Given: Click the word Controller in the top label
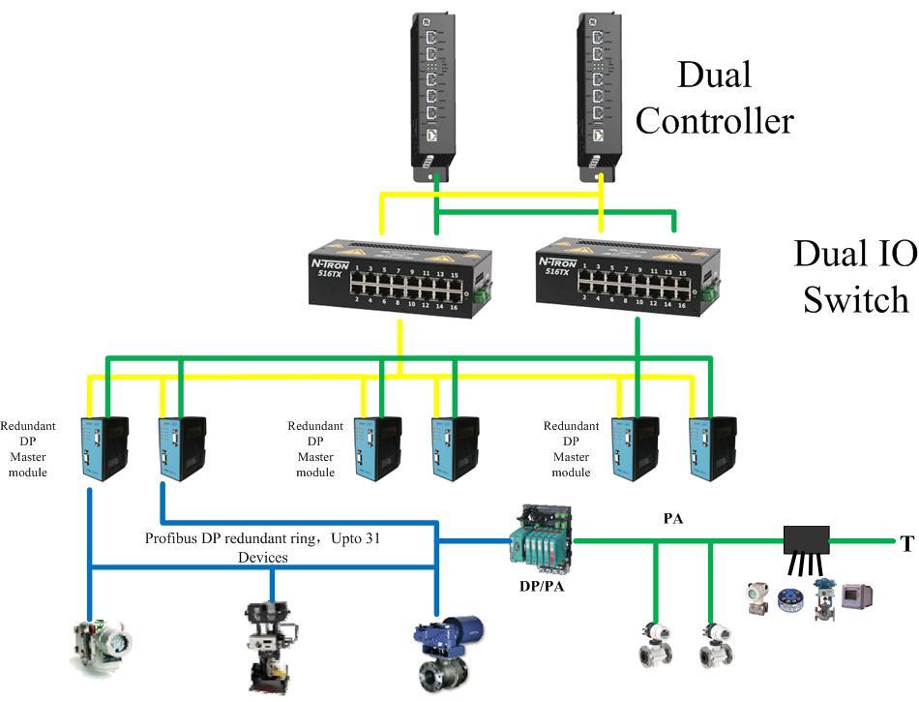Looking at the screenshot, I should [x=714, y=121].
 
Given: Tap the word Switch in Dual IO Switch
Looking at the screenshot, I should [x=856, y=299].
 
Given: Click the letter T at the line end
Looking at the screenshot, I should [x=906, y=545].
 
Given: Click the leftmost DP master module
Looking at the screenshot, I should [x=104, y=448].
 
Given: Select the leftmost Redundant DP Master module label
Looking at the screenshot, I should [x=28, y=448].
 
